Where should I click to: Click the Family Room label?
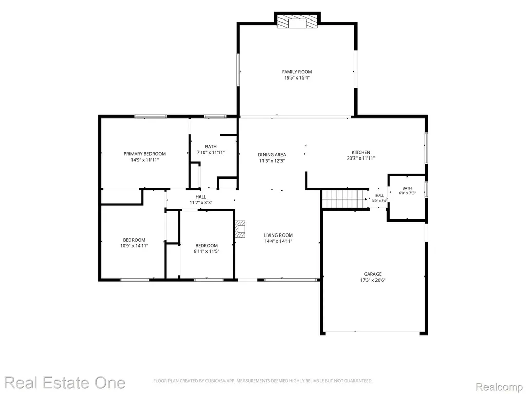coord(296,72)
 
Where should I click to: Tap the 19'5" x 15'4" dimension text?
coord(296,78)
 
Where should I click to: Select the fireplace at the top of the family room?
coord(297,22)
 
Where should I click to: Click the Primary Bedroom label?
coord(144,154)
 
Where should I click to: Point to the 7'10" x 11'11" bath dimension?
coord(211,152)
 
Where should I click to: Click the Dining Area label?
coord(272,155)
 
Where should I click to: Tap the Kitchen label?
coord(361,152)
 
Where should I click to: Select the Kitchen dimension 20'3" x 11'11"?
coord(361,159)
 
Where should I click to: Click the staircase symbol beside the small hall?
coord(344,199)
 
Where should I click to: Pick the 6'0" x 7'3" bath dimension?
coord(407,193)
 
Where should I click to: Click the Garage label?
coord(373,274)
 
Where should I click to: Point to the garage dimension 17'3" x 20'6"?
coord(373,280)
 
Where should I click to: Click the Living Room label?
coord(278,235)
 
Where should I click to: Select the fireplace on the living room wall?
coord(240,229)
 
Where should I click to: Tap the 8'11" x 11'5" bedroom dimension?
coord(206,251)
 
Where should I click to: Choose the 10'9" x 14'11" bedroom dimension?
coord(134,246)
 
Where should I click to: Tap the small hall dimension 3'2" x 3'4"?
coord(380,201)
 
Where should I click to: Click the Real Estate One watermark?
coord(65,382)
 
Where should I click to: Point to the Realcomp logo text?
coord(499,387)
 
